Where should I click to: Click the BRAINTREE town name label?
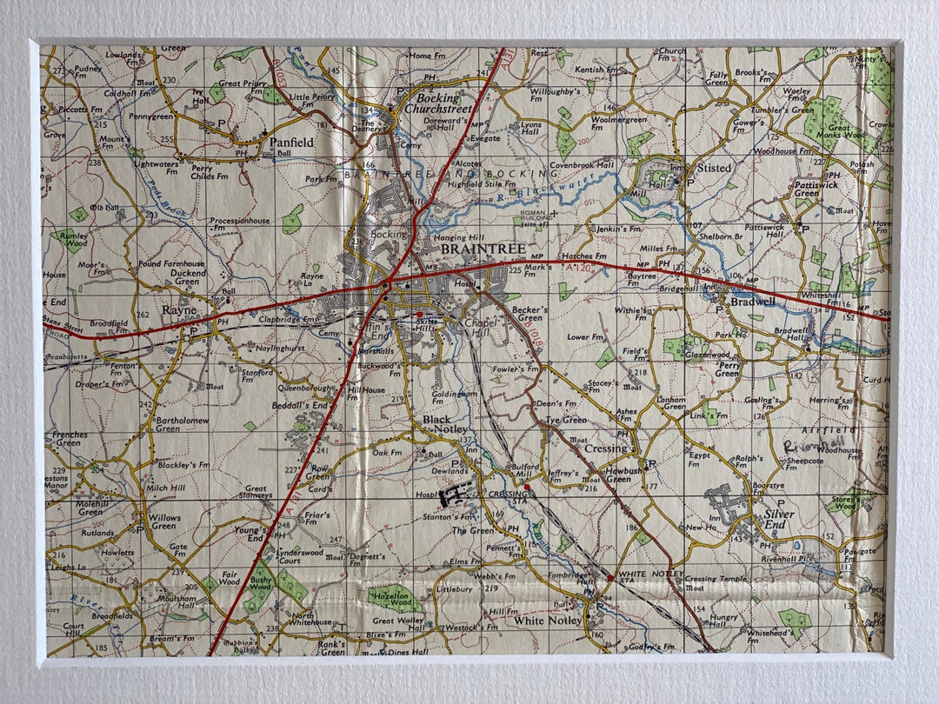(483, 249)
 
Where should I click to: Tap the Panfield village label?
(291, 142)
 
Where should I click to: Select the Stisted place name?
(714, 168)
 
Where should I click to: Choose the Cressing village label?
(606, 448)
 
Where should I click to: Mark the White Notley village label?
(548, 621)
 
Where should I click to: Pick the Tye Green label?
(566, 420)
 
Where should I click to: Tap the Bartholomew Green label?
(180, 423)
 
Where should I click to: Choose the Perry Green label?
(727, 369)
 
